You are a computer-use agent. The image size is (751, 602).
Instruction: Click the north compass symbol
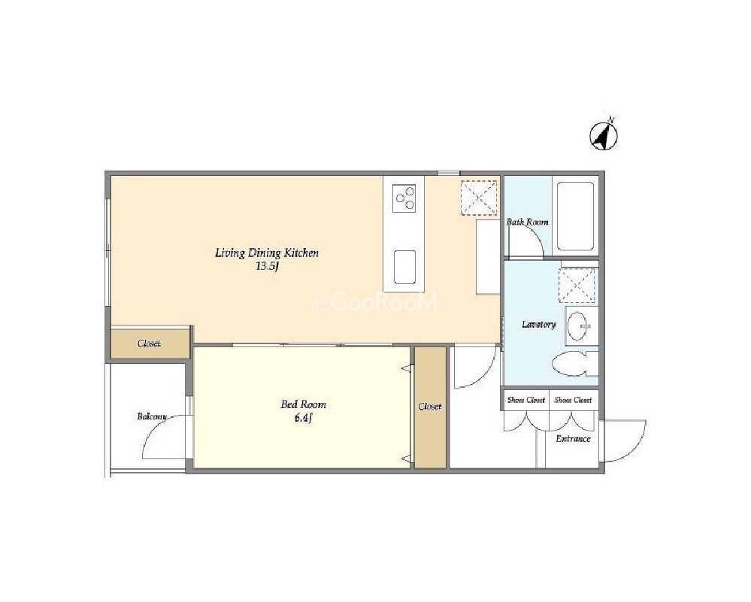click(603, 135)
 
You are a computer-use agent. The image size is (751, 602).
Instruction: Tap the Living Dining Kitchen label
click(266, 253)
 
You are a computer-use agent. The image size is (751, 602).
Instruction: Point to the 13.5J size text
click(267, 267)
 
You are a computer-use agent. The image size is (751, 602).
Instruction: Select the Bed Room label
click(303, 404)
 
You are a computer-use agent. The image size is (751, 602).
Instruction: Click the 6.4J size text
click(303, 418)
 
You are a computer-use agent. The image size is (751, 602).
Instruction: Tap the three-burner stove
click(404, 198)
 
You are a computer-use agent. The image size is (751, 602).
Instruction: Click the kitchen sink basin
click(404, 267)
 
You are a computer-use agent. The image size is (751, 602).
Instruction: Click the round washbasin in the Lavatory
click(579, 325)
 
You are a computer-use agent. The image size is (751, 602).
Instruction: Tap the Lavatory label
click(538, 324)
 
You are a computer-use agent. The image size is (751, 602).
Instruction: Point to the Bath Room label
click(527, 222)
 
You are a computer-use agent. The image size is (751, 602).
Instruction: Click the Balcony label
click(151, 416)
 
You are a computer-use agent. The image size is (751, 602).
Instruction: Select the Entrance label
click(573, 439)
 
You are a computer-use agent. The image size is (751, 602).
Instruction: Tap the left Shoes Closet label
click(526, 400)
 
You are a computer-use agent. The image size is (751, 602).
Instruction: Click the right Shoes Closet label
click(573, 400)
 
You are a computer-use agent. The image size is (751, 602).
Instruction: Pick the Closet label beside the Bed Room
click(429, 407)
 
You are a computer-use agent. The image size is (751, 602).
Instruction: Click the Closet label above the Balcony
click(149, 343)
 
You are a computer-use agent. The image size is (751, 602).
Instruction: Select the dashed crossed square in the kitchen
click(478, 198)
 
